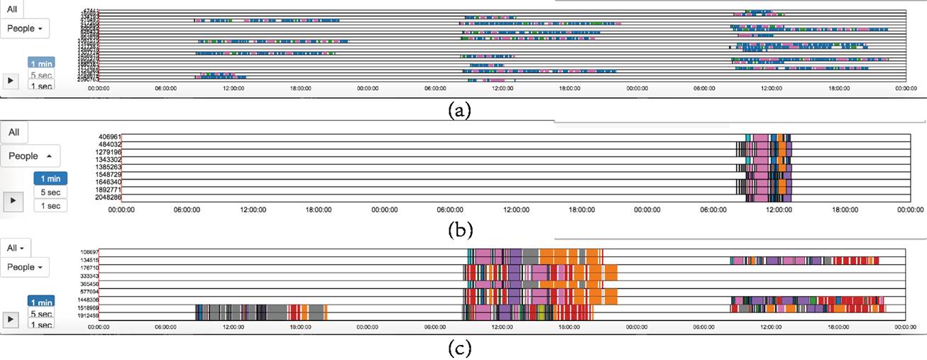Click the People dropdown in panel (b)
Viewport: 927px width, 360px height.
click(30, 156)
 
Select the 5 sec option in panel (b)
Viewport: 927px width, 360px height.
click(50, 192)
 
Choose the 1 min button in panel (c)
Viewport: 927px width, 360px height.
click(40, 302)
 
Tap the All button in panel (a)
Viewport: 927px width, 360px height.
click(13, 9)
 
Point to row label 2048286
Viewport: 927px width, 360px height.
click(110, 197)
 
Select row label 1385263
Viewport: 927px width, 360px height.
click(110, 167)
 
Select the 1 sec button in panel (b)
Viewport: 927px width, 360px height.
click(50, 206)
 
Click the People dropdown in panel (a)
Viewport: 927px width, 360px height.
click(26, 28)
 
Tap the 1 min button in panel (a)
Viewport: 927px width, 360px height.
click(40, 62)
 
